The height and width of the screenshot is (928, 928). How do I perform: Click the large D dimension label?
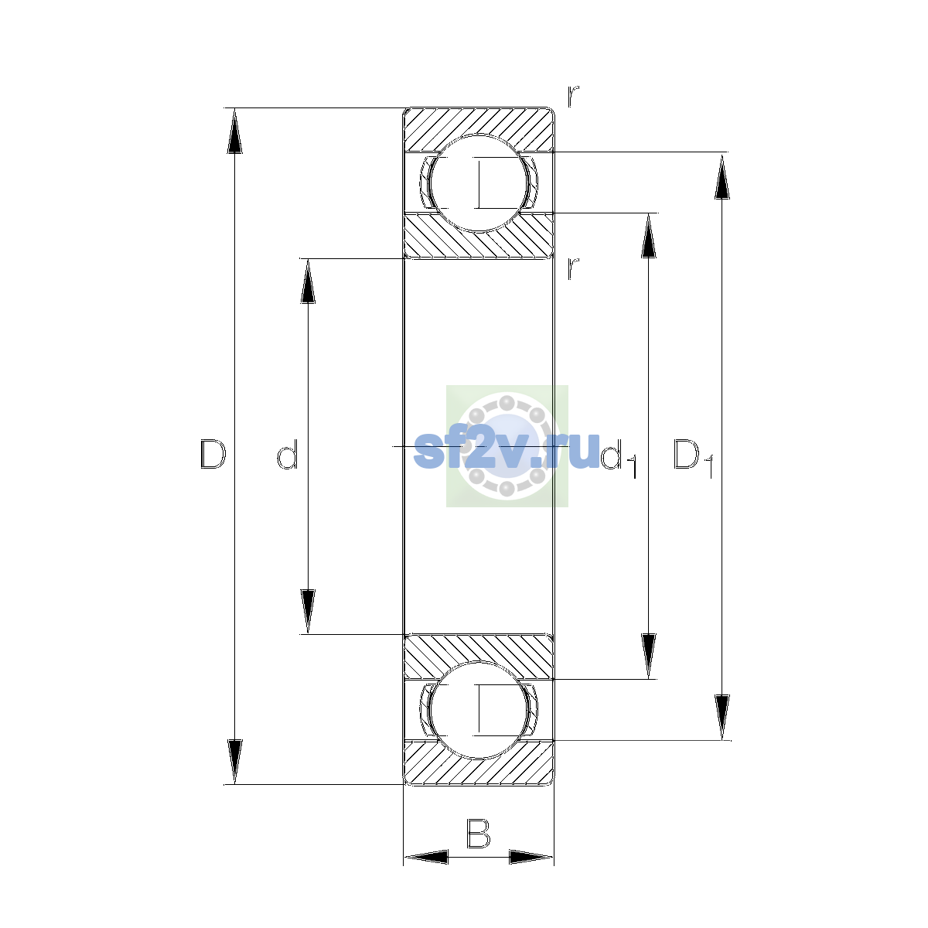pos(213,454)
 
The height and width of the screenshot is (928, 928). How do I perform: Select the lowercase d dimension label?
pos(288,454)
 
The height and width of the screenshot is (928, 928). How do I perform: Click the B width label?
pos(478,833)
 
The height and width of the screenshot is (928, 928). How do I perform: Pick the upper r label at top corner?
pos(573,96)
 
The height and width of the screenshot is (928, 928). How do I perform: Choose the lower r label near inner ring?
pos(573,268)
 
